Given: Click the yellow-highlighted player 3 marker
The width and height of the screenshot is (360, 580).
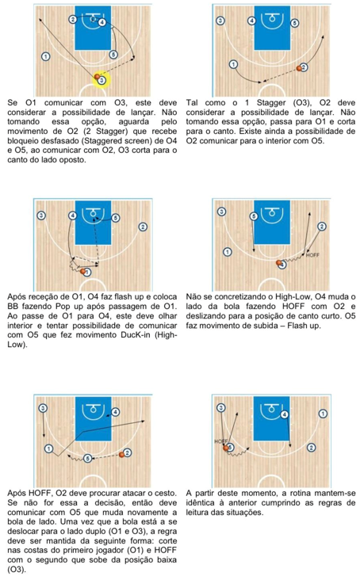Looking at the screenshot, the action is pos(102,80).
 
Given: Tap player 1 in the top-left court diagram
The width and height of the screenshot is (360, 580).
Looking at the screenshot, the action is pos(45,56).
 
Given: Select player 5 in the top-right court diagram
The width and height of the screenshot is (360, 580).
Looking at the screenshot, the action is pos(294,23).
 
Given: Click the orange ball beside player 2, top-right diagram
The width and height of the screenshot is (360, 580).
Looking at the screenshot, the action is pos(299,68).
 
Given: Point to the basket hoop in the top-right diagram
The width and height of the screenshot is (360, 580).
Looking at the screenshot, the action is pos(272,17).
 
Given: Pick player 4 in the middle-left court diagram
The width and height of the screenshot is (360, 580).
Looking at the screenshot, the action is pos(72,216).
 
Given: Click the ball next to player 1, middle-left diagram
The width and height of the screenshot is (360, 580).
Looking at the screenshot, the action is pos(83,271).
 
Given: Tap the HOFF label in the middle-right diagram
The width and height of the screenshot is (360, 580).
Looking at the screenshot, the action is pos(312,255).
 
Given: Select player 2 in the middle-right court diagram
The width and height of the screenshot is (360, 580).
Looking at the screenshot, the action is pos(322,227).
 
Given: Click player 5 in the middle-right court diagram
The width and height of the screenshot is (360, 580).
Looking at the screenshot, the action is pos(254,216).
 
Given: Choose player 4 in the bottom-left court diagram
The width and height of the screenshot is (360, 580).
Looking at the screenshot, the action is pos(116,412).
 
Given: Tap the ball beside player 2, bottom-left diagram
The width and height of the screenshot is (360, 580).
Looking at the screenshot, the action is pos(122,455).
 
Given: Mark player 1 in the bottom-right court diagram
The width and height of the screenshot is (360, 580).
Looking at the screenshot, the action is pos(323,414).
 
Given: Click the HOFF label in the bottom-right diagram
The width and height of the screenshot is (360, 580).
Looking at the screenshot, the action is pos(221,441).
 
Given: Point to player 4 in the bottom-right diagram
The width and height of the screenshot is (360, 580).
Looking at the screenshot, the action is pos(284,414).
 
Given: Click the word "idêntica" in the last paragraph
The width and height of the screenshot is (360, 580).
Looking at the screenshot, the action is pos(200,503).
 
